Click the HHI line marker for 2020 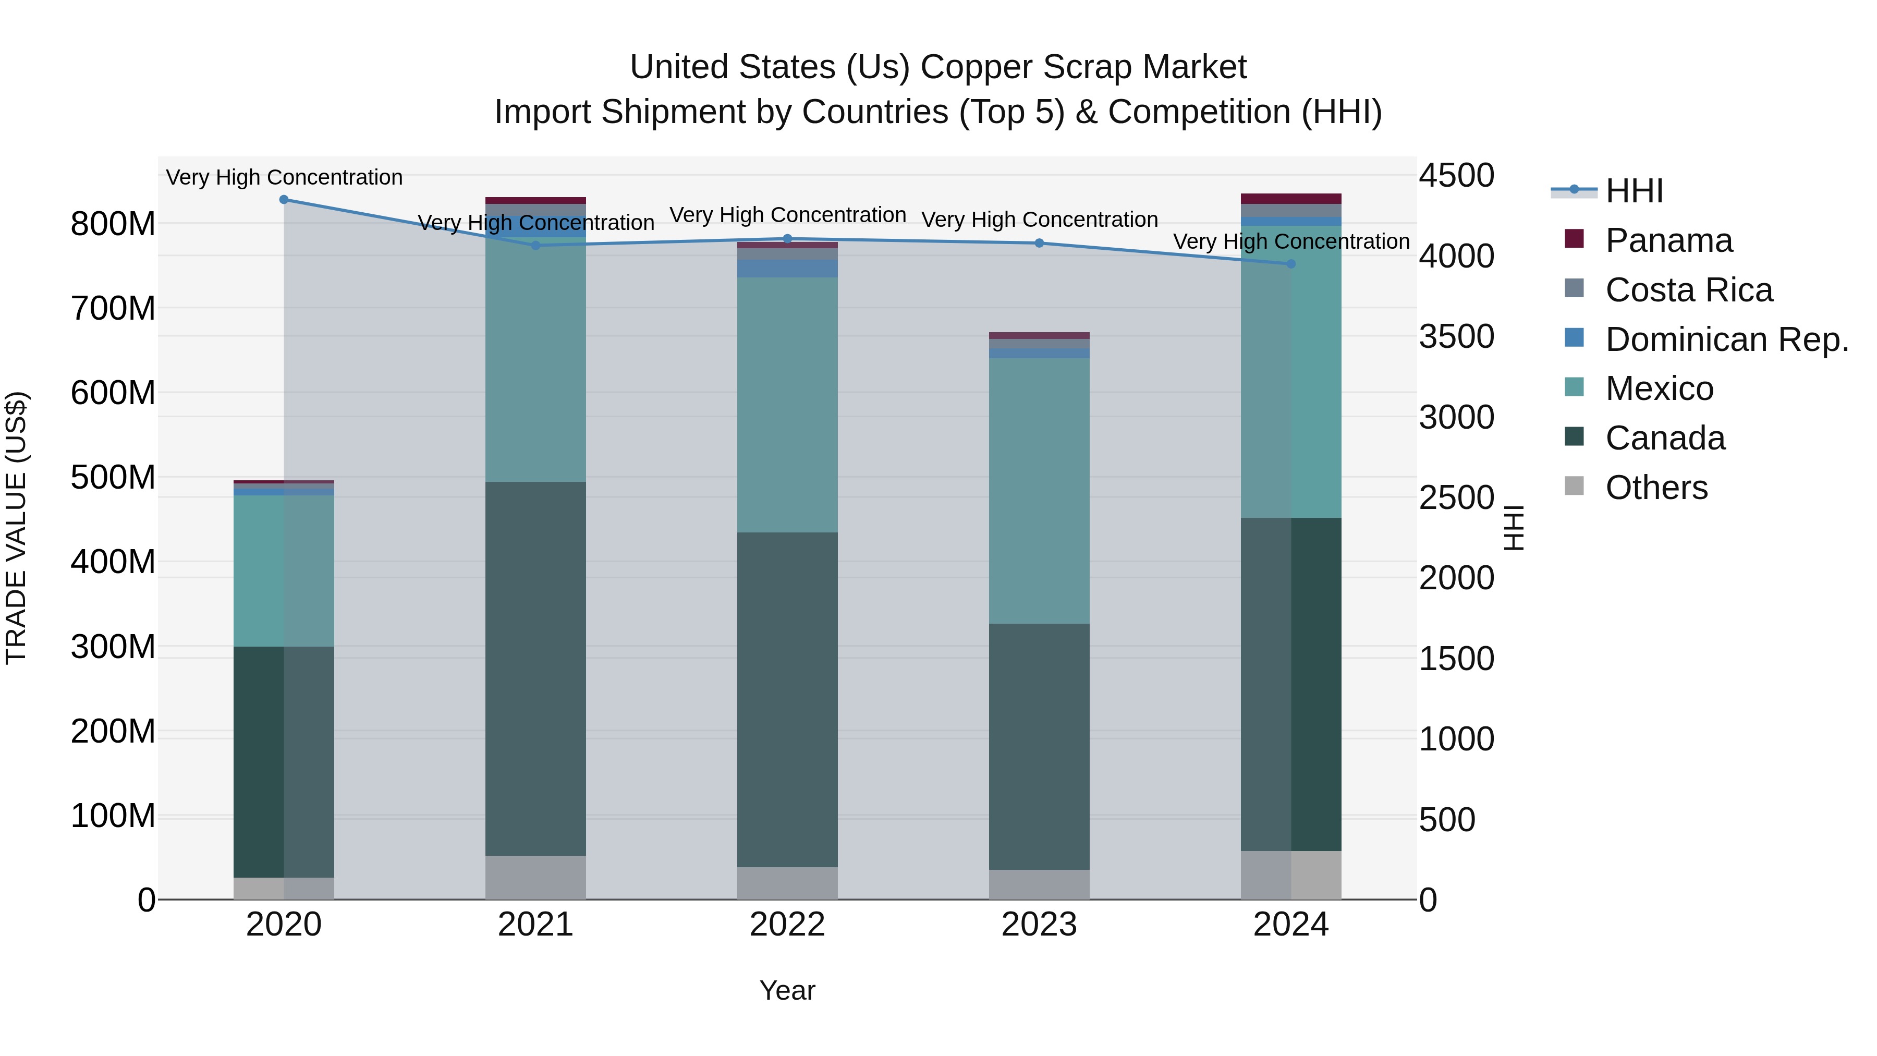pyautogui.click(x=284, y=200)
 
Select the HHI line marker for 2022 pyautogui.click(x=787, y=239)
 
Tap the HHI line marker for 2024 pyautogui.click(x=1290, y=264)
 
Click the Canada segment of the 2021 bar pyautogui.click(x=535, y=669)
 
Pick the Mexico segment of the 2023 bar pyautogui.click(x=1039, y=491)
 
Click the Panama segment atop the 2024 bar pyautogui.click(x=1290, y=199)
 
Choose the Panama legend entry pyautogui.click(x=1668, y=240)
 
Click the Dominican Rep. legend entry pyautogui.click(x=1726, y=339)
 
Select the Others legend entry pyautogui.click(x=1656, y=488)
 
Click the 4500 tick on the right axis pyautogui.click(x=1456, y=176)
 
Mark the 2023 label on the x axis pyautogui.click(x=1039, y=924)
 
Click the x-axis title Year pyautogui.click(x=787, y=990)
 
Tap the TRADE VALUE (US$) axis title pyautogui.click(x=16, y=528)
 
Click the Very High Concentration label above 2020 pyautogui.click(x=284, y=177)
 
